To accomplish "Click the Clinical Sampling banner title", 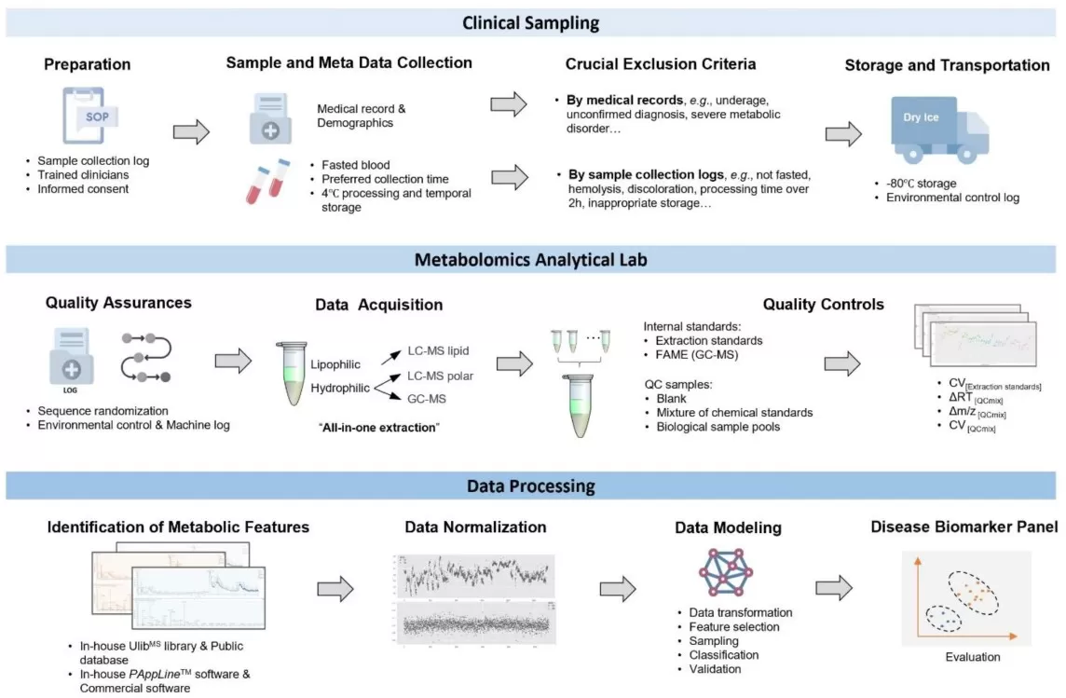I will click(x=533, y=21).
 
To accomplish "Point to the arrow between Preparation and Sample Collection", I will click(x=192, y=131).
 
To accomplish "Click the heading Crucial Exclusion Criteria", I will click(x=660, y=64).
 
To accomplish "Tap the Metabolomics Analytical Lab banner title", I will click(x=532, y=260).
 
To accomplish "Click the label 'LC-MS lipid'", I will click(x=439, y=350).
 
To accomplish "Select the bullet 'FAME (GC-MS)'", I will click(x=695, y=354).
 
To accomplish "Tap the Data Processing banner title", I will click(x=532, y=486).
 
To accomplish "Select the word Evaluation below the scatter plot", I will click(x=972, y=657).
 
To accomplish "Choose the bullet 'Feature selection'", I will click(x=734, y=627).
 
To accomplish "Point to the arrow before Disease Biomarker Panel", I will click(x=834, y=587).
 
